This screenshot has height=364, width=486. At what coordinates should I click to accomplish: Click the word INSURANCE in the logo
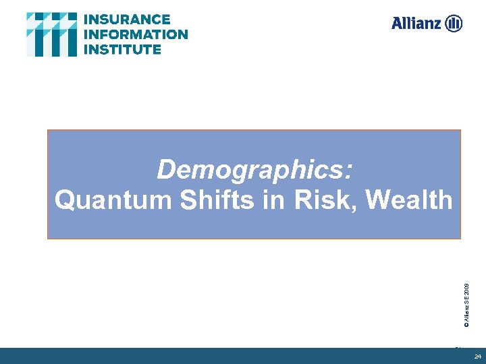[x=127, y=19]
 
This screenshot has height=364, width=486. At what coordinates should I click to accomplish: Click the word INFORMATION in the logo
[x=136, y=34]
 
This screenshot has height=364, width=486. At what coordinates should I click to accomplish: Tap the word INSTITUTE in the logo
[x=123, y=49]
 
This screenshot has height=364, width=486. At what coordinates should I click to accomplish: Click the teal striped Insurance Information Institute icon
[x=51, y=34]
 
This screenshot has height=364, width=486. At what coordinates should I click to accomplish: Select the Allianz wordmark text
[x=416, y=24]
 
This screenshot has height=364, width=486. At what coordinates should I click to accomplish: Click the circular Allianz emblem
[x=454, y=24]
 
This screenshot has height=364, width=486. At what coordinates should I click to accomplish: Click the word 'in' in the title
[x=273, y=200]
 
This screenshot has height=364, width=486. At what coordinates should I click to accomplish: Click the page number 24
[x=477, y=356]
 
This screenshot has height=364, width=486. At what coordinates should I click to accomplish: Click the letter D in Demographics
[x=165, y=170]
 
